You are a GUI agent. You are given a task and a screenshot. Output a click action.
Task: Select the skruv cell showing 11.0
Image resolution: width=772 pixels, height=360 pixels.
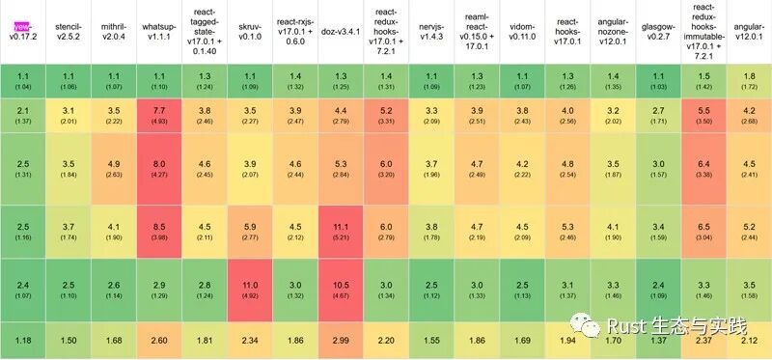[249, 290]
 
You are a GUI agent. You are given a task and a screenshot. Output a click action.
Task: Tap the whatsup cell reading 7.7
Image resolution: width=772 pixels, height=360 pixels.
[157, 116]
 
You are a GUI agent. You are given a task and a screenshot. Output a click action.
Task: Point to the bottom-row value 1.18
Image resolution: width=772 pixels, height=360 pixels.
[22, 341]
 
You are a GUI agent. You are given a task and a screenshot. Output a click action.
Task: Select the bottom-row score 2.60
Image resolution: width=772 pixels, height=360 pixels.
[157, 341]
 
